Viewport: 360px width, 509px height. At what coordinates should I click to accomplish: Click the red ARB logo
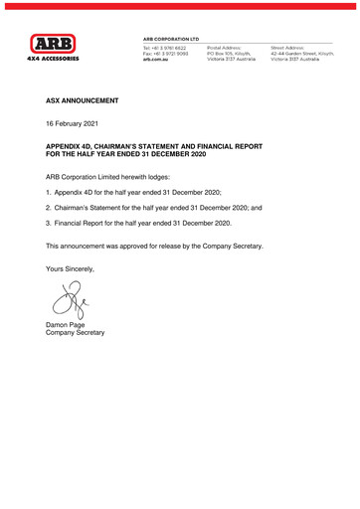53,43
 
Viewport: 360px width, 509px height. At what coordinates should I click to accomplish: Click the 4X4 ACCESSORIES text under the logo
53,59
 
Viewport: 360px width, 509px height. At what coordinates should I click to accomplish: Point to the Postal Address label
223,46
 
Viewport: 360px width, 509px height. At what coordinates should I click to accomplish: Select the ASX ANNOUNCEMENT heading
83,101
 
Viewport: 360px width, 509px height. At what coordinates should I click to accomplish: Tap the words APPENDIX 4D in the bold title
71,146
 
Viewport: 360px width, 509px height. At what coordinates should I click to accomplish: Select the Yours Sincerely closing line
74,268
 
